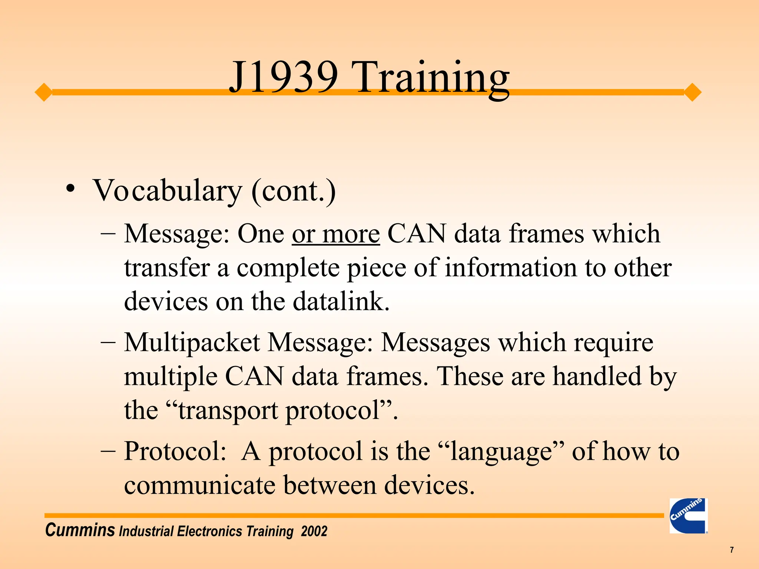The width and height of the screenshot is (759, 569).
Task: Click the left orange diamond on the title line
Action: click(44, 92)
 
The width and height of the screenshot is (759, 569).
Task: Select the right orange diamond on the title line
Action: click(692, 92)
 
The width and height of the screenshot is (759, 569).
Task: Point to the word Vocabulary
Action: click(167, 191)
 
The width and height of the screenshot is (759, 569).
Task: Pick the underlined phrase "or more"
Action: click(336, 234)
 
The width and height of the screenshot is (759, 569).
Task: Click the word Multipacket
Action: click(192, 342)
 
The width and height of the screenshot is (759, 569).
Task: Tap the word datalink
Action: click(341, 302)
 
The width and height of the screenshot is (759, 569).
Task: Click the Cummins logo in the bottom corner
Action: click(688, 516)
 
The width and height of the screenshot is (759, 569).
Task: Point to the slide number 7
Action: click(732, 550)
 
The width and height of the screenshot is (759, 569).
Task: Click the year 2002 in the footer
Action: click(314, 531)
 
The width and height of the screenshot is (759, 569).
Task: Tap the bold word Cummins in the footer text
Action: click(80, 530)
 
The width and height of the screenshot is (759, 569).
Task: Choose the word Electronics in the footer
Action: click(211, 531)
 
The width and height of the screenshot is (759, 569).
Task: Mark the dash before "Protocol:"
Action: click(108, 451)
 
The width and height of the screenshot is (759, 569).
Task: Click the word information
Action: click(511, 267)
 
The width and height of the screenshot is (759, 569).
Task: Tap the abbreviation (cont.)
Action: click(294, 191)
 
